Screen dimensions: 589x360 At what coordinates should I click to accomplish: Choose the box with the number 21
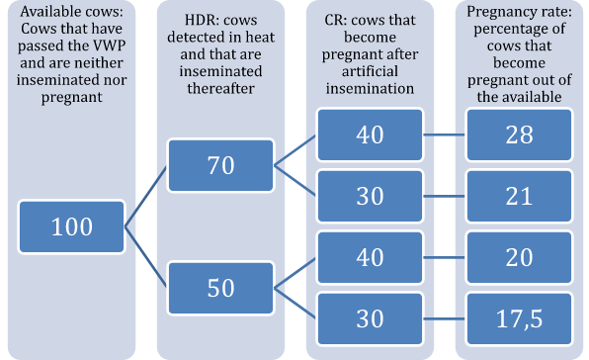tap(520, 195)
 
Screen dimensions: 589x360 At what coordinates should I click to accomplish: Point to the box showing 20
tap(520, 257)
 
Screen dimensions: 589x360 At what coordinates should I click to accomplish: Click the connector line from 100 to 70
tap(145, 196)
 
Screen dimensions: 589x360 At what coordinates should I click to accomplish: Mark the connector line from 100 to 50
tap(145, 257)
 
